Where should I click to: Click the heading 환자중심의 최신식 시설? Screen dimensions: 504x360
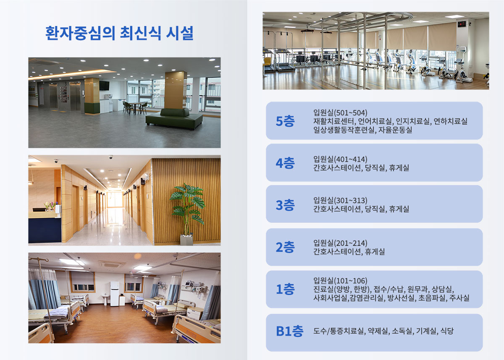pos(119,33)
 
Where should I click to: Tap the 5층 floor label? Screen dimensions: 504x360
pos(285,121)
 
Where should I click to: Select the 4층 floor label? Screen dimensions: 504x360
pos(285,163)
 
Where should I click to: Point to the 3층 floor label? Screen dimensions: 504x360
pos(285,205)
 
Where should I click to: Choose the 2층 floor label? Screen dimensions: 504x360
pos(285,247)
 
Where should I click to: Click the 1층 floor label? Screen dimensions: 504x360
pos(285,289)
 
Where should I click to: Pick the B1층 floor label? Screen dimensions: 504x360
pos(289,331)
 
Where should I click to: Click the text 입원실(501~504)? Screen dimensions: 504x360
pos(340,112)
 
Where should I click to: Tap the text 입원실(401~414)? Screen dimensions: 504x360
pos(340,159)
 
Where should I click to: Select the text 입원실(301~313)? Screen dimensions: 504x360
pos(340,200)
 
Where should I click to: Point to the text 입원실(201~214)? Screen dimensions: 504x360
pos(340,243)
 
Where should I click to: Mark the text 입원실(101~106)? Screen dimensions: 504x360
pos(340,280)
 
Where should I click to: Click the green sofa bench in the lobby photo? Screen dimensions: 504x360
pos(174,118)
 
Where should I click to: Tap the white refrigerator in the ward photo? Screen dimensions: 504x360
pos(115,293)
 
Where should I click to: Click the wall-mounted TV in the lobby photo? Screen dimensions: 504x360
pos(104,86)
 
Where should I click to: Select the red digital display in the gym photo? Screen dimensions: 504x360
pos(462,24)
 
